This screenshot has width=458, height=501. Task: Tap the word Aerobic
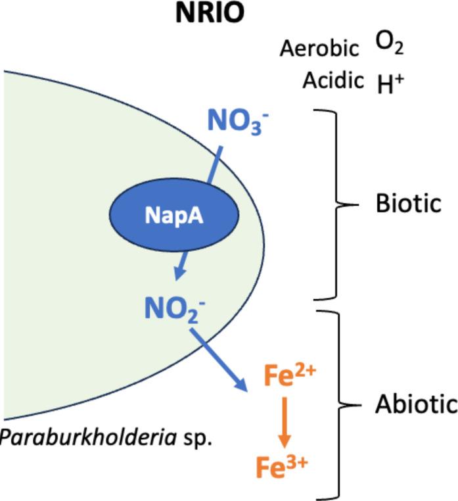point(319,48)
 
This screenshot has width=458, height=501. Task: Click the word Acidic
point(333,80)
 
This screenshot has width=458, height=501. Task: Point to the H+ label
point(391,83)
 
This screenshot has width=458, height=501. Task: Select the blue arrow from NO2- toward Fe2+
point(218,360)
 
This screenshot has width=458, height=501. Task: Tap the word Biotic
point(407,204)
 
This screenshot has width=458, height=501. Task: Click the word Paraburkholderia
point(86,438)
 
